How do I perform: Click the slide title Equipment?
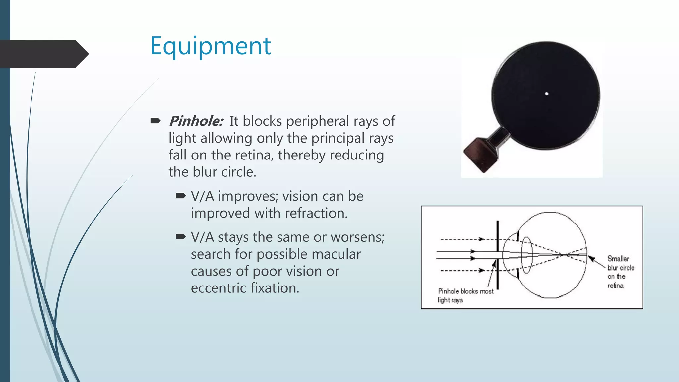point(210,46)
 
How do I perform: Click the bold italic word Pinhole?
point(196,121)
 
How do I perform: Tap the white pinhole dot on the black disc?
point(547,94)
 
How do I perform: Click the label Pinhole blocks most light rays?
point(465,295)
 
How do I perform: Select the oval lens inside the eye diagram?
point(526,255)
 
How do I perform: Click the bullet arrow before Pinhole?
point(155,121)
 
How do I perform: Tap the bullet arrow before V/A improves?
point(181,196)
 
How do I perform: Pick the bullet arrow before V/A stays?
point(181,237)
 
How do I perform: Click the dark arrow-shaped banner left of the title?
point(43,54)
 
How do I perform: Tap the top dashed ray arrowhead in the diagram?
point(482,239)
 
